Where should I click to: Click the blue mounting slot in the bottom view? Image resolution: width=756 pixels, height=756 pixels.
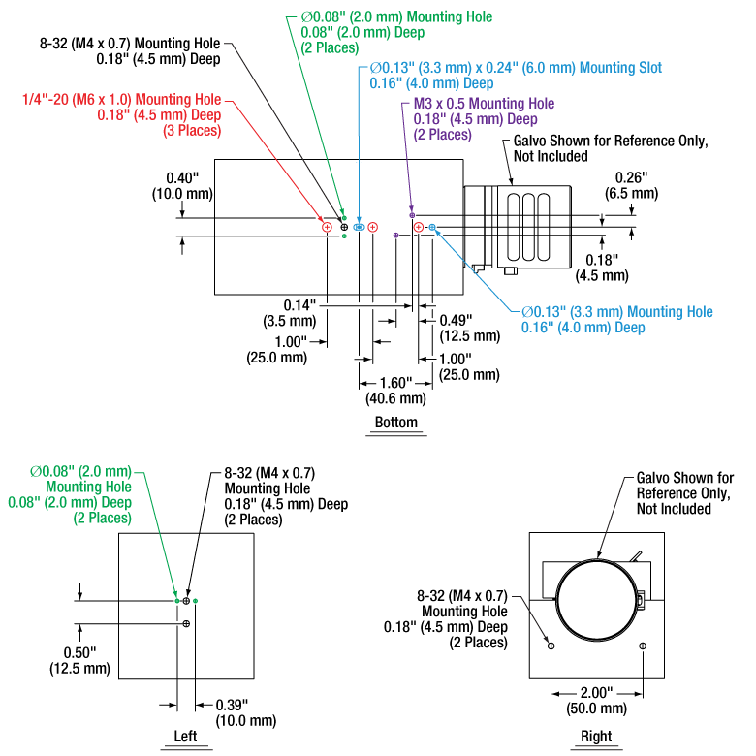359,227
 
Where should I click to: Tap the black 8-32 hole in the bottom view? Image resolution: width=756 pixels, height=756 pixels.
344,227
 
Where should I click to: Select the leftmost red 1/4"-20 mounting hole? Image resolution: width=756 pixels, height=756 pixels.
328,227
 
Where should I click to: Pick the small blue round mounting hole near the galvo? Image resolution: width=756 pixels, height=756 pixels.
432,227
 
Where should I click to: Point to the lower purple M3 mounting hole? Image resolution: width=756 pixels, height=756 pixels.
395,236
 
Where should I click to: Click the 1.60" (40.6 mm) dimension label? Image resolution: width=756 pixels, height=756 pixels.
395,390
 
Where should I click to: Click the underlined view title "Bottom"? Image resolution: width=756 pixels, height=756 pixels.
395,423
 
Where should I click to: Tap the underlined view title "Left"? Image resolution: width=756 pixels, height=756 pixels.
185,737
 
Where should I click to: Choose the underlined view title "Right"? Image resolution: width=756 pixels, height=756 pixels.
596,737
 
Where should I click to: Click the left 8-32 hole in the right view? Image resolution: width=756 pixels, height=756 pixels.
551,646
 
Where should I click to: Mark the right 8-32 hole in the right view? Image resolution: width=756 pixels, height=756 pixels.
642,646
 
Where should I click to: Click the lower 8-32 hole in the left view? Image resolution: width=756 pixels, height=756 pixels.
186,624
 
